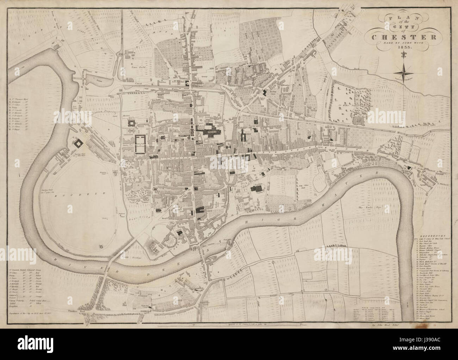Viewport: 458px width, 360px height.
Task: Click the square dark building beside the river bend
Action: (x=78, y=143)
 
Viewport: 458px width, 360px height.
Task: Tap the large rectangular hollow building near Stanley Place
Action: (x=140, y=144)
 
